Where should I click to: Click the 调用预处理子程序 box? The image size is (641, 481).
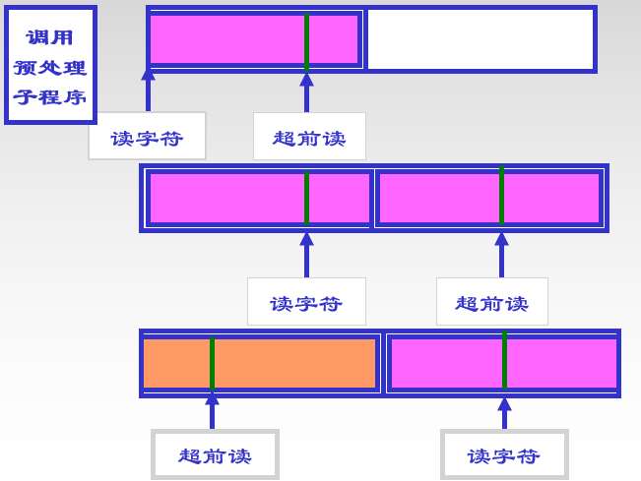click(50, 66)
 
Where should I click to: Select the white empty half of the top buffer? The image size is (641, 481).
click(481, 39)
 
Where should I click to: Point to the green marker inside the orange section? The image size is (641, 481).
click(212, 363)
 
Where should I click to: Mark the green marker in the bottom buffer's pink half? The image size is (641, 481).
click(504, 361)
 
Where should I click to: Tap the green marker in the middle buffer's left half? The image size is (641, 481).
click(306, 198)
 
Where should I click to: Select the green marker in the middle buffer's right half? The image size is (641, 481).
click(501, 197)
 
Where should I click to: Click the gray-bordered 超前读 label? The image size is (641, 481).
click(215, 455)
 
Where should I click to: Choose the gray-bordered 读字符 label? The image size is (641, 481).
click(504, 455)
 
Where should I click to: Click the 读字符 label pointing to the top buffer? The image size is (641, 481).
click(147, 137)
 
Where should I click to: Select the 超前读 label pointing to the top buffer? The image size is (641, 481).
click(309, 137)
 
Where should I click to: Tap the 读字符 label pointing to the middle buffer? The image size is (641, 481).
click(306, 302)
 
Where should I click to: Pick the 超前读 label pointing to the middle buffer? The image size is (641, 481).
click(491, 302)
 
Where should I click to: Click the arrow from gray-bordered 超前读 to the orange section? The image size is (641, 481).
click(212, 412)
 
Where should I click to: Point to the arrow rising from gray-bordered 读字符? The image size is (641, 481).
click(504, 413)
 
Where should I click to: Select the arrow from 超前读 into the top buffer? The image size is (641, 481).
click(306, 92)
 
